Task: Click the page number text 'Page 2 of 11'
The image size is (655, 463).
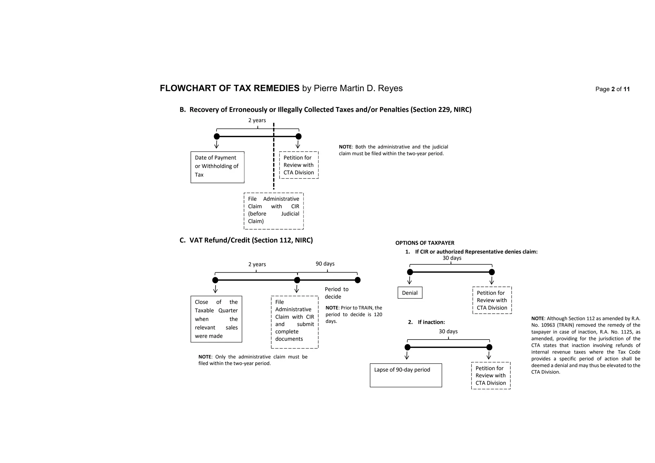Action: [612, 89]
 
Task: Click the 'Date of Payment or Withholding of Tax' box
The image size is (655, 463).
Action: [217, 167]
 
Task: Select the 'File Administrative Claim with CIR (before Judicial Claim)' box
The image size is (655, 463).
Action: [273, 211]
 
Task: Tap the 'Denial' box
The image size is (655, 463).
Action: [410, 293]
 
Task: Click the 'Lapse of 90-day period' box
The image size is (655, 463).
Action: [406, 375]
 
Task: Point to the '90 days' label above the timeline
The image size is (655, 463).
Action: [325, 263]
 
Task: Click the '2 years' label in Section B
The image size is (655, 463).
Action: [257, 120]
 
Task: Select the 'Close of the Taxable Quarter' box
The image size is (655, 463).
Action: [216, 319]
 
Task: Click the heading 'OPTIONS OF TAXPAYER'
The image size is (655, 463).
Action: [425, 243]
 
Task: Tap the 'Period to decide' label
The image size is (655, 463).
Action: [336, 293]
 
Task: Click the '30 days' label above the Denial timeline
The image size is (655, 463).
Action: [452, 258]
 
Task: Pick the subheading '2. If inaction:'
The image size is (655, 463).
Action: [427, 322]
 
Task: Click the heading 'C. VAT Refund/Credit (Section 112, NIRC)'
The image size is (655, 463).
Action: [246, 240]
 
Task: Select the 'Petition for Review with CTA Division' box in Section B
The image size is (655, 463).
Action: [299, 165]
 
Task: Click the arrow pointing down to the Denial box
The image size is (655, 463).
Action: [410, 280]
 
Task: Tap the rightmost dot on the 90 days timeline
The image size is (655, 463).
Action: [358, 280]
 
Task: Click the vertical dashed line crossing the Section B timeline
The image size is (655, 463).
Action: [274, 160]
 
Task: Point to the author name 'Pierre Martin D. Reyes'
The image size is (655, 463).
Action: [358, 88]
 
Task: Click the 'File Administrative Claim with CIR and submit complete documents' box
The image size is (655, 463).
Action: [295, 322]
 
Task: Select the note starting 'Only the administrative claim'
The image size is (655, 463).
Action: [253, 360]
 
